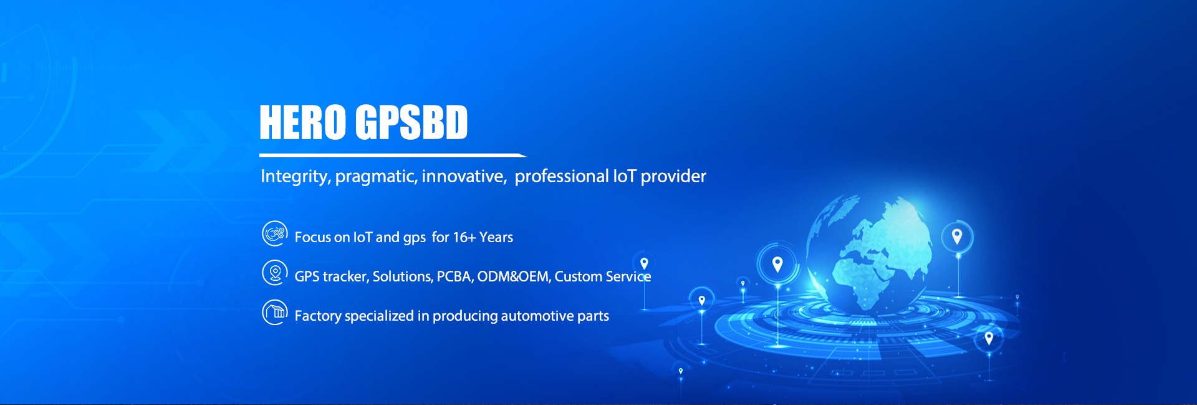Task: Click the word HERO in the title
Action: coord(302,122)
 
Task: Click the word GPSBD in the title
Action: coord(411,122)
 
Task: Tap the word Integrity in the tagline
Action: coord(296,177)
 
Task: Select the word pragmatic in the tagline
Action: coord(377,177)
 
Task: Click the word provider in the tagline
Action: coord(673,177)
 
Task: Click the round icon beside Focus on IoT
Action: coord(274,233)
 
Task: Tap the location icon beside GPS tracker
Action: coord(274,273)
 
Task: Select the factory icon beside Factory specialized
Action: coord(274,312)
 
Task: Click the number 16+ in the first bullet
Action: coord(464,237)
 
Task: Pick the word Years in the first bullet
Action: coord(496,237)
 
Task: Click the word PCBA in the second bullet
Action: coord(455,276)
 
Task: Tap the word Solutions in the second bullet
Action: coord(403,276)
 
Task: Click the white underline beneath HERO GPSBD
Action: coord(393,155)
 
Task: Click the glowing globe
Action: coord(869,253)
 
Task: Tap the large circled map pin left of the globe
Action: coord(777,265)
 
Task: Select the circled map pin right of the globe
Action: coord(957,237)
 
